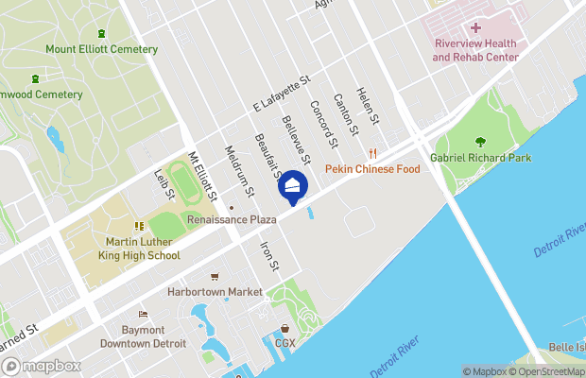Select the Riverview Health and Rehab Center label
click(476, 50)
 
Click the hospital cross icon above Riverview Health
click(476, 29)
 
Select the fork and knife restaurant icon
click(373, 153)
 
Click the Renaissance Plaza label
click(231, 219)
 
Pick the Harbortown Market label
click(215, 292)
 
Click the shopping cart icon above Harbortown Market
click(215, 277)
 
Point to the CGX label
click(285, 342)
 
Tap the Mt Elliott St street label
click(203, 177)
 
